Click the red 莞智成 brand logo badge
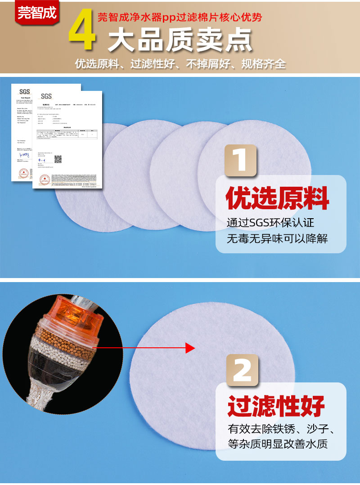click(38, 12)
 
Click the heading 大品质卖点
click(180, 41)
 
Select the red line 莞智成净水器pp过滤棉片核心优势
click(180, 18)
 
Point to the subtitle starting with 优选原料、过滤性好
click(180, 64)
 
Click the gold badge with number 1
click(241, 161)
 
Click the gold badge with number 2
click(242, 370)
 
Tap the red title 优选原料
click(278, 198)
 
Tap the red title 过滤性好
click(276, 406)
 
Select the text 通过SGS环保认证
click(270, 223)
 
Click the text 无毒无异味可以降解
click(277, 239)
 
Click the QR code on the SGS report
click(58, 159)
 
